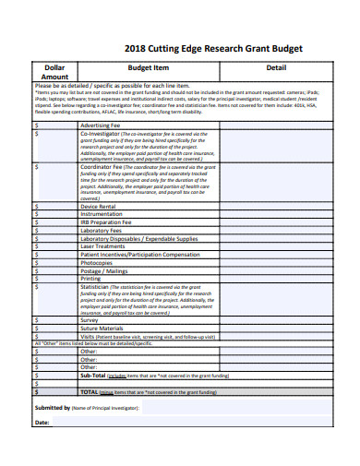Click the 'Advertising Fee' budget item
102,124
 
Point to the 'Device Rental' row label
100,205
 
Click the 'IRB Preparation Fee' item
107,221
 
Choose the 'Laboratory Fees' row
102,230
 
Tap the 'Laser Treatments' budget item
103,246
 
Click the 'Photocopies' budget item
98,262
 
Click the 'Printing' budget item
91,278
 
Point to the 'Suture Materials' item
102,327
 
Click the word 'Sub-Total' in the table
93,376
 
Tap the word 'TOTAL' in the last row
90,391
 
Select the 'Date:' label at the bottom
42,423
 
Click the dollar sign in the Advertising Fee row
37,124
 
